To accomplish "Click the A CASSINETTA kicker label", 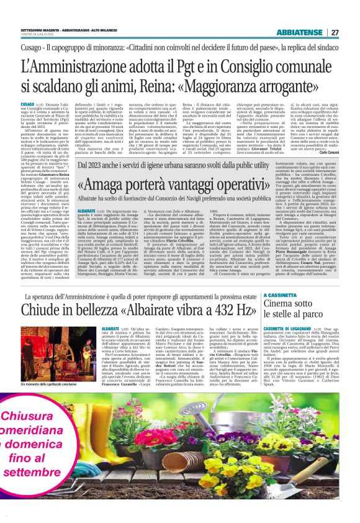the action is click(282, 296).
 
